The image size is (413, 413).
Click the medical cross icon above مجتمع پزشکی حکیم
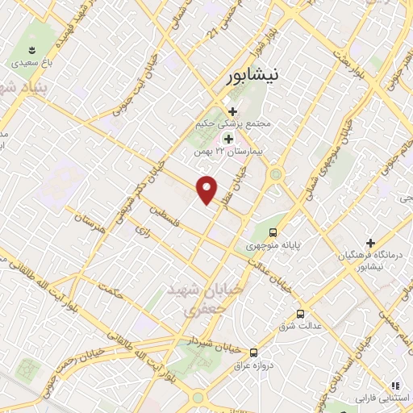[x=232, y=111]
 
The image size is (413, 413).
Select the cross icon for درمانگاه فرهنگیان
[x=370, y=243]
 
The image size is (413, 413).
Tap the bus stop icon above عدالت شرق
[x=300, y=313]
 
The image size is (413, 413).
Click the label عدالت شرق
[x=299, y=327]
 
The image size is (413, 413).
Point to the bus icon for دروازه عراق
[x=253, y=353]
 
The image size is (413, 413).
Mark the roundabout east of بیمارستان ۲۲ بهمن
[x=276, y=173]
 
